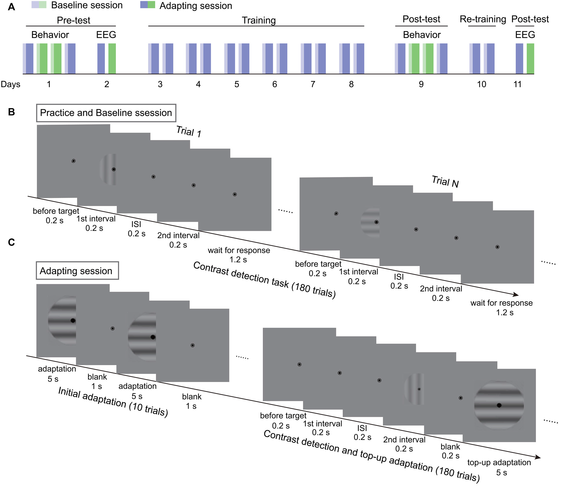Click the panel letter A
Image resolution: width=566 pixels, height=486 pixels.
pyautogui.click(x=11, y=7)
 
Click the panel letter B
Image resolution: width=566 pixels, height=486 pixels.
pyautogui.click(x=11, y=112)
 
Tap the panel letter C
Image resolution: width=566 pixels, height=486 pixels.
pyautogui.click(x=11, y=242)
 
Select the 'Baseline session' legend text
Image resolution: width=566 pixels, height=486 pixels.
pyautogui.click(x=87, y=5)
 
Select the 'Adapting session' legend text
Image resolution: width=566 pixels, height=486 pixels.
pyautogui.click(x=196, y=6)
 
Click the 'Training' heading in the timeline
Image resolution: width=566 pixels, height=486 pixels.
pyautogui.click(x=259, y=20)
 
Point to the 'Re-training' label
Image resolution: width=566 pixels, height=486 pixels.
pyautogui.click(x=483, y=19)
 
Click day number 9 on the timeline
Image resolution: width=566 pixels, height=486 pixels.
pyautogui.click(x=421, y=84)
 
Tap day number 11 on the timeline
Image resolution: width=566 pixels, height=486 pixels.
pyautogui.click(x=518, y=84)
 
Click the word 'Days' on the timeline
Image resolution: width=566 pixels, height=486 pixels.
pyautogui.click(x=10, y=84)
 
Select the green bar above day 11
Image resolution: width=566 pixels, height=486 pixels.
pyautogui.click(x=530, y=59)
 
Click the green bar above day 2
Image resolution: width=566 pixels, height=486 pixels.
pyautogui.click(x=112, y=59)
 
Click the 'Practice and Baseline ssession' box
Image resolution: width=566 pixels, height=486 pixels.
pyautogui.click(x=106, y=113)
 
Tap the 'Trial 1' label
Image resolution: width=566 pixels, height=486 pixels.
pyautogui.click(x=189, y=131)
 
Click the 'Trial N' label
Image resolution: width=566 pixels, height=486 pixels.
pyautogui.click(x=445, y=182)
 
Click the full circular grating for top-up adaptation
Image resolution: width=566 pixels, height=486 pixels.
pyautogui.click(x=499, y=405)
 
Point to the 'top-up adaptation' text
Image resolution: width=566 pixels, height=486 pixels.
pyautogui.click(x=499, y=462)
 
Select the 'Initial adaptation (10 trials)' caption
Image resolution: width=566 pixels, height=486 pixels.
pyautogui.click(x=113, y=402)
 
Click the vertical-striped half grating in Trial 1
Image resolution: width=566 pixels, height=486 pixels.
pyautogui.click(x=108, y=169)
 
